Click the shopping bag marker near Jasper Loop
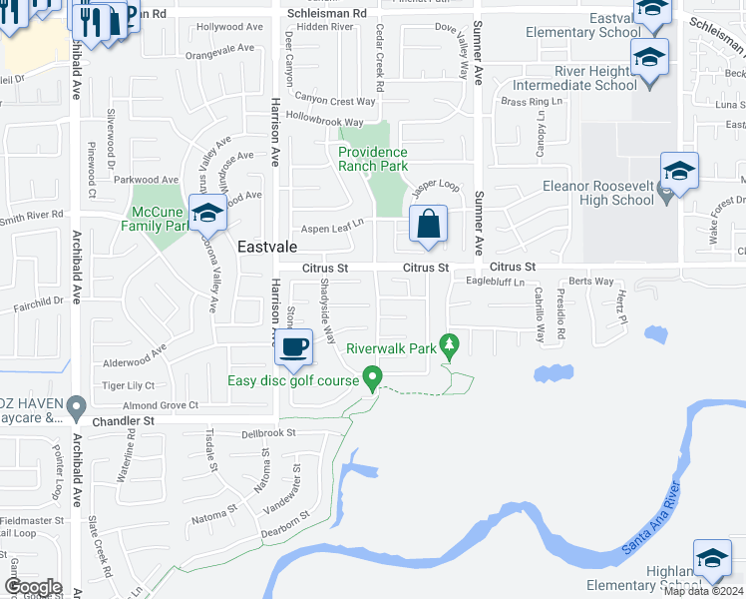click(428, 226)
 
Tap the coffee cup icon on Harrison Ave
click(292, 347)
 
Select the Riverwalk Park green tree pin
click(450, 344)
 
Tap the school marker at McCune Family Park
click(207, 214)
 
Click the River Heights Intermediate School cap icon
click(649, 58)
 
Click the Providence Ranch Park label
click(373, 159)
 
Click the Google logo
click(33, 587)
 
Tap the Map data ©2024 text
click(704, 591)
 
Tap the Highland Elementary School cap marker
click(712, 559)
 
